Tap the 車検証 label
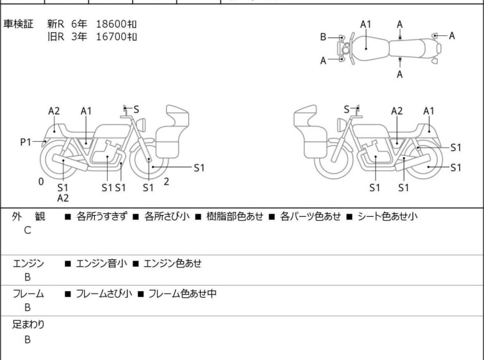(18, 24)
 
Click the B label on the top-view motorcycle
(323, 37)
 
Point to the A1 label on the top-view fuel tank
(365, 24)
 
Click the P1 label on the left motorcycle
(26, 142)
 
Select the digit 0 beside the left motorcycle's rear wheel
(41, 182)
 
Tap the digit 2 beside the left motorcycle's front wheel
(167, 182)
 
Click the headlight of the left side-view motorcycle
(141, 124)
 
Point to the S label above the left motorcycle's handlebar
(136, 109)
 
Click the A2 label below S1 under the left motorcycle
(63, 198)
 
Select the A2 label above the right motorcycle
(397, 111)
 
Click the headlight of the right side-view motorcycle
(342, 125)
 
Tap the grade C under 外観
(28, 230)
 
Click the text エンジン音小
(101, 264)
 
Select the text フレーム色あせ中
(183, 293)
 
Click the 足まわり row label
(28, 325)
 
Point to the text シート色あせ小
(387, 216)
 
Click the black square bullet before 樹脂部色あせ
(199, 217)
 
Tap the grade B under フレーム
(28, 308)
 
